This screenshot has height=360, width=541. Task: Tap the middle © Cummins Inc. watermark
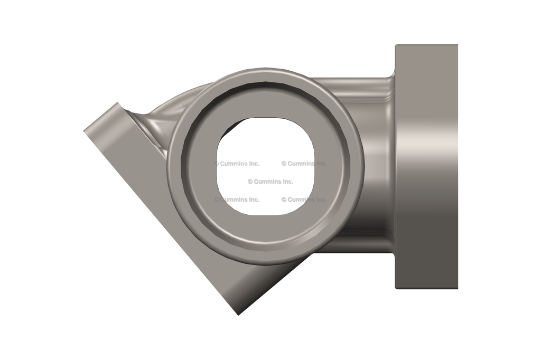pos(270,182)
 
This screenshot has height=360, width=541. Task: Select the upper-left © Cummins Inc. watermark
pos(237,164)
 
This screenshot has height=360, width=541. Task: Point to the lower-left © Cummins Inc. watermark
pos(237,200)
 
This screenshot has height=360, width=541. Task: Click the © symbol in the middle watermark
pos(250,182)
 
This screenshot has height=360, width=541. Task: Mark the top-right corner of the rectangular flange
pos(457,45)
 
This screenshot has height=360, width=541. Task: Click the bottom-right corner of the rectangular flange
pos(457,288)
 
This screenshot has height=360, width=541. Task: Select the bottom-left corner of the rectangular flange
pos(396,288)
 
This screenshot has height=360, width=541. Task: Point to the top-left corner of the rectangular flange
pos(396,45)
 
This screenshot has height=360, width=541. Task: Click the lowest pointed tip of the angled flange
pos(238,315)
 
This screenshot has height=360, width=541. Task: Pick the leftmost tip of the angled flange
pos(84,130)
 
